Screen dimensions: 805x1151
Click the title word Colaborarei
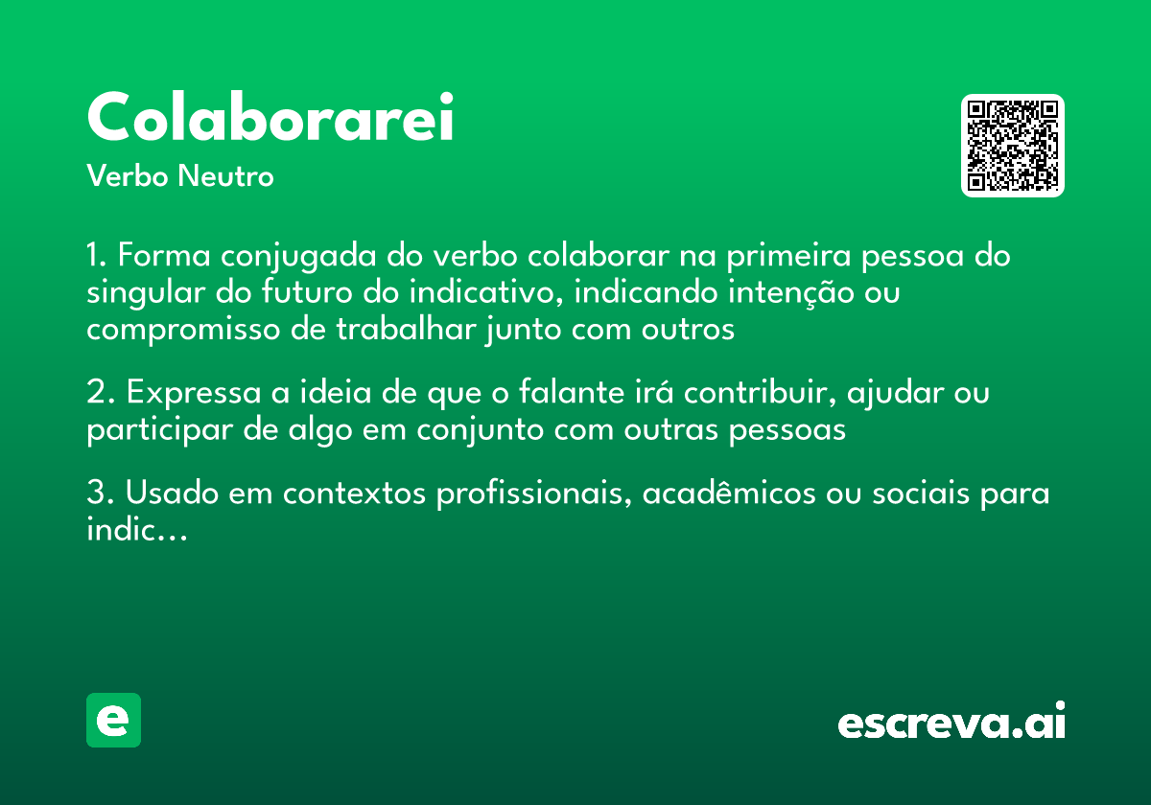coord(270,119)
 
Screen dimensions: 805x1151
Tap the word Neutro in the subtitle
coord(226,177)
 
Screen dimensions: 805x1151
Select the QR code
coord(1012,146)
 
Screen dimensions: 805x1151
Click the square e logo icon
coord(113,720)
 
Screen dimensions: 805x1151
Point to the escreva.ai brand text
coord(951,723)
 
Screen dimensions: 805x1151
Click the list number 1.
coord(95,257)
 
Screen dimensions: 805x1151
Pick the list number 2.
coord(98,393)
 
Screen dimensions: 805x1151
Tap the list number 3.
coord(98,494)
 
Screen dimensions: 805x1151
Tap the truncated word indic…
coord(135,531)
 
